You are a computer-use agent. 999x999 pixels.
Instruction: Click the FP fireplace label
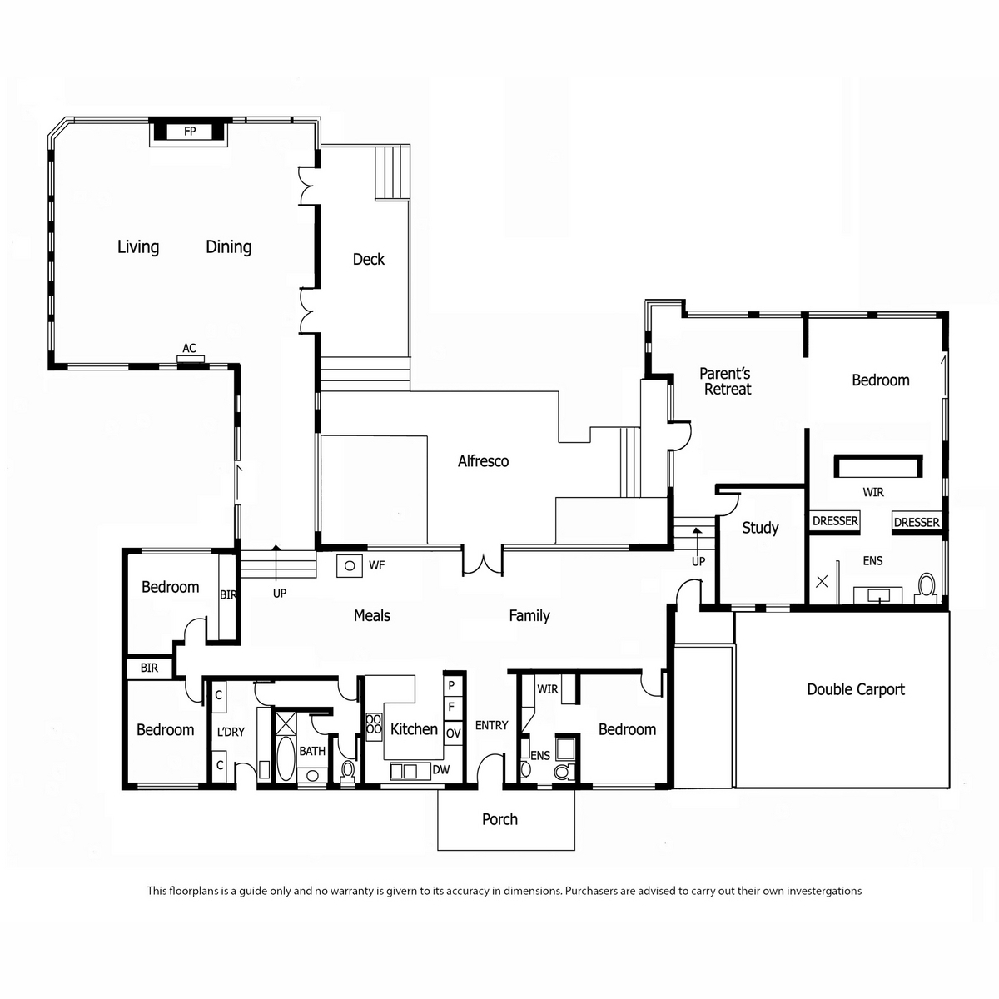[x=190, y=132]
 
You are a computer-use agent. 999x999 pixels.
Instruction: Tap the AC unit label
[x=189, y=348]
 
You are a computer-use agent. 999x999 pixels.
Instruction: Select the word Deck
[x=369, y=259]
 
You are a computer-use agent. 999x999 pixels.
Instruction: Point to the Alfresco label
[x=483, y=461]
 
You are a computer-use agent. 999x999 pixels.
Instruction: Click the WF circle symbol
[x=350, y=565]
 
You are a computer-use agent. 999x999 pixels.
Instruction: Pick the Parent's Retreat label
[x=726, y=381]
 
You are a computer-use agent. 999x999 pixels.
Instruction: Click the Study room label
[x=760, y=528]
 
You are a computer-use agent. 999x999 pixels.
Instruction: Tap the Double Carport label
[x=856, y=689]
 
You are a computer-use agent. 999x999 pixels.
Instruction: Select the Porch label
[x=499, y=819]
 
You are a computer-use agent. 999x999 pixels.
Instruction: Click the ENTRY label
[x=491, y=725]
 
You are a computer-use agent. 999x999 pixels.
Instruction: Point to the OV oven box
[x=453, y=733]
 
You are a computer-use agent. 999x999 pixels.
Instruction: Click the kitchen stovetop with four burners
[x=374, y=727]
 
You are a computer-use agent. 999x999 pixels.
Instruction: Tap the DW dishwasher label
[x=441, y=770]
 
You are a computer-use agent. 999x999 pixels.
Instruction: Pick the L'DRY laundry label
[x=231, y=732]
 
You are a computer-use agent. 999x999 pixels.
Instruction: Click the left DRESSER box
[x=835, y=521]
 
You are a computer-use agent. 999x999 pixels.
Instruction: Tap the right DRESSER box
[x=917, y=522]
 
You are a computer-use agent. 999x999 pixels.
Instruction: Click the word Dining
[x=229, y=246]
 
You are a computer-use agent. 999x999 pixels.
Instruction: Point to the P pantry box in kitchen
[x=452, y=685]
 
